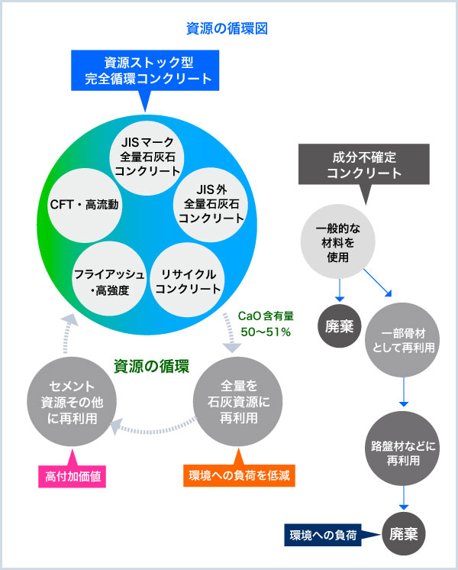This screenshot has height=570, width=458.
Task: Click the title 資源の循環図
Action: coord(227,29)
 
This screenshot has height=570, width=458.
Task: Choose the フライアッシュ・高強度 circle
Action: coord(109,281)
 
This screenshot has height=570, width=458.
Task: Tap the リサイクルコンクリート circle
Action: coord(186,281)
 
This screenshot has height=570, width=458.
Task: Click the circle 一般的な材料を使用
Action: coord(337,244)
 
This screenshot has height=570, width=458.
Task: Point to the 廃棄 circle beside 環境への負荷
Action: coord(403,534)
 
